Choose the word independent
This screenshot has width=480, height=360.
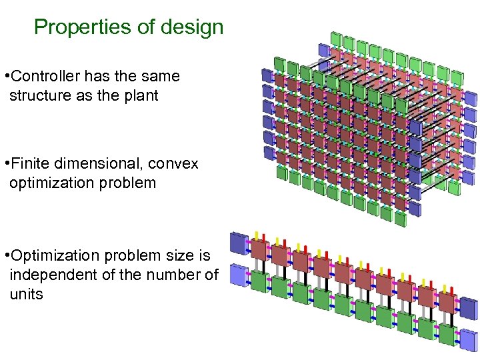coord(51,274)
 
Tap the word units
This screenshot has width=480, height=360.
coord(26,293)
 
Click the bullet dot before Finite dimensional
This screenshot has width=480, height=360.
coord(5,163)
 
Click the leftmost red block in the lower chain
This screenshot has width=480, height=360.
coord(258,249)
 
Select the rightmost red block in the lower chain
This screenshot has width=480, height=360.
coord(447,301)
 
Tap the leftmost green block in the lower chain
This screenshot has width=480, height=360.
coord(258,281)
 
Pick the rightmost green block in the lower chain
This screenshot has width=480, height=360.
coord(447,333)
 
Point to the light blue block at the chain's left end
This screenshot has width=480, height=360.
coord(237,275)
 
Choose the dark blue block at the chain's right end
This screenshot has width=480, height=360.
coord(469,309)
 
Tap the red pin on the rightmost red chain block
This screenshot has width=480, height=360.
coord(453,288)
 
